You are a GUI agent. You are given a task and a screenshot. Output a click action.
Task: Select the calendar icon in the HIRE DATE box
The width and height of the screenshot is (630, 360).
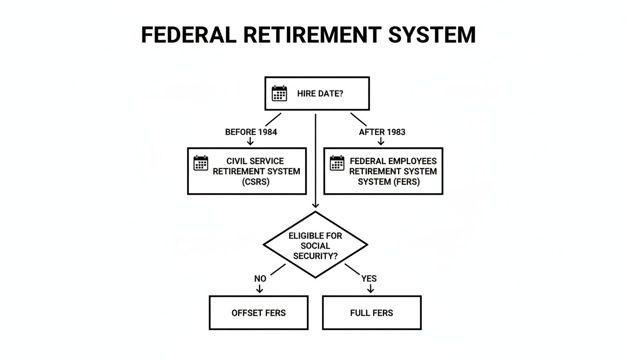coord(279,93)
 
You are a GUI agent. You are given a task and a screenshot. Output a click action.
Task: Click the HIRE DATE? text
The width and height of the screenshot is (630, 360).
coord(320,94)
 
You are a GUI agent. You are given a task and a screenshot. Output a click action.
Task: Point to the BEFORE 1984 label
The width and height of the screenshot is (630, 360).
coord(251,132)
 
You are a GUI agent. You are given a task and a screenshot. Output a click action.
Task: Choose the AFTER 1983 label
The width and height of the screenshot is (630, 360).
coord(382,132)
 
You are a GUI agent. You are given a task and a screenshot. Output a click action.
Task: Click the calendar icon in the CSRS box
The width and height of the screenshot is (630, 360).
coord(201,163)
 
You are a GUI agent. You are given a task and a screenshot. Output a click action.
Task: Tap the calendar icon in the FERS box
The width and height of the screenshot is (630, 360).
coord(337,163)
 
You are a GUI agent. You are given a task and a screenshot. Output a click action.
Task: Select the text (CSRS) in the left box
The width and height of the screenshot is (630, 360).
coord(256,182)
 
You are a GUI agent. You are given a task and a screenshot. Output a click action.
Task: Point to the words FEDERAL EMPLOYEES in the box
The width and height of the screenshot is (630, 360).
coord(393,161)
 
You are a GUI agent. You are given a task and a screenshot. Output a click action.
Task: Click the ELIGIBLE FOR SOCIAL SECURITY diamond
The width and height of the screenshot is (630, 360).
coord(315,245)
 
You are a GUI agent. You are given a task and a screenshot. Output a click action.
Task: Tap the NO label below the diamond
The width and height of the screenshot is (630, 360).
coord(260,278)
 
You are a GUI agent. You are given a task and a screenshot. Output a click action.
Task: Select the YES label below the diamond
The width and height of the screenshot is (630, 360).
coord(369,278)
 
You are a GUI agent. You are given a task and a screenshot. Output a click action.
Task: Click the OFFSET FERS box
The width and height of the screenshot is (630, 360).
coord(258,313)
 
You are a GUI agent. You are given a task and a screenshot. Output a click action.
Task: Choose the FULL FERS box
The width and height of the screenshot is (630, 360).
coord(372,313)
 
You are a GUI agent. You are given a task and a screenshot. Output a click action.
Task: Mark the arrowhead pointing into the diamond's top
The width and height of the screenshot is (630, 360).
coord(315,205)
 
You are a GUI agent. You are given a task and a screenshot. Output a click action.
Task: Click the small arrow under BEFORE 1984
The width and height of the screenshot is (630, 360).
coord(250,142)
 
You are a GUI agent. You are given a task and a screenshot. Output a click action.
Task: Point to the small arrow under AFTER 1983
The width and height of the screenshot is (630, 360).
coord(382,142)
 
